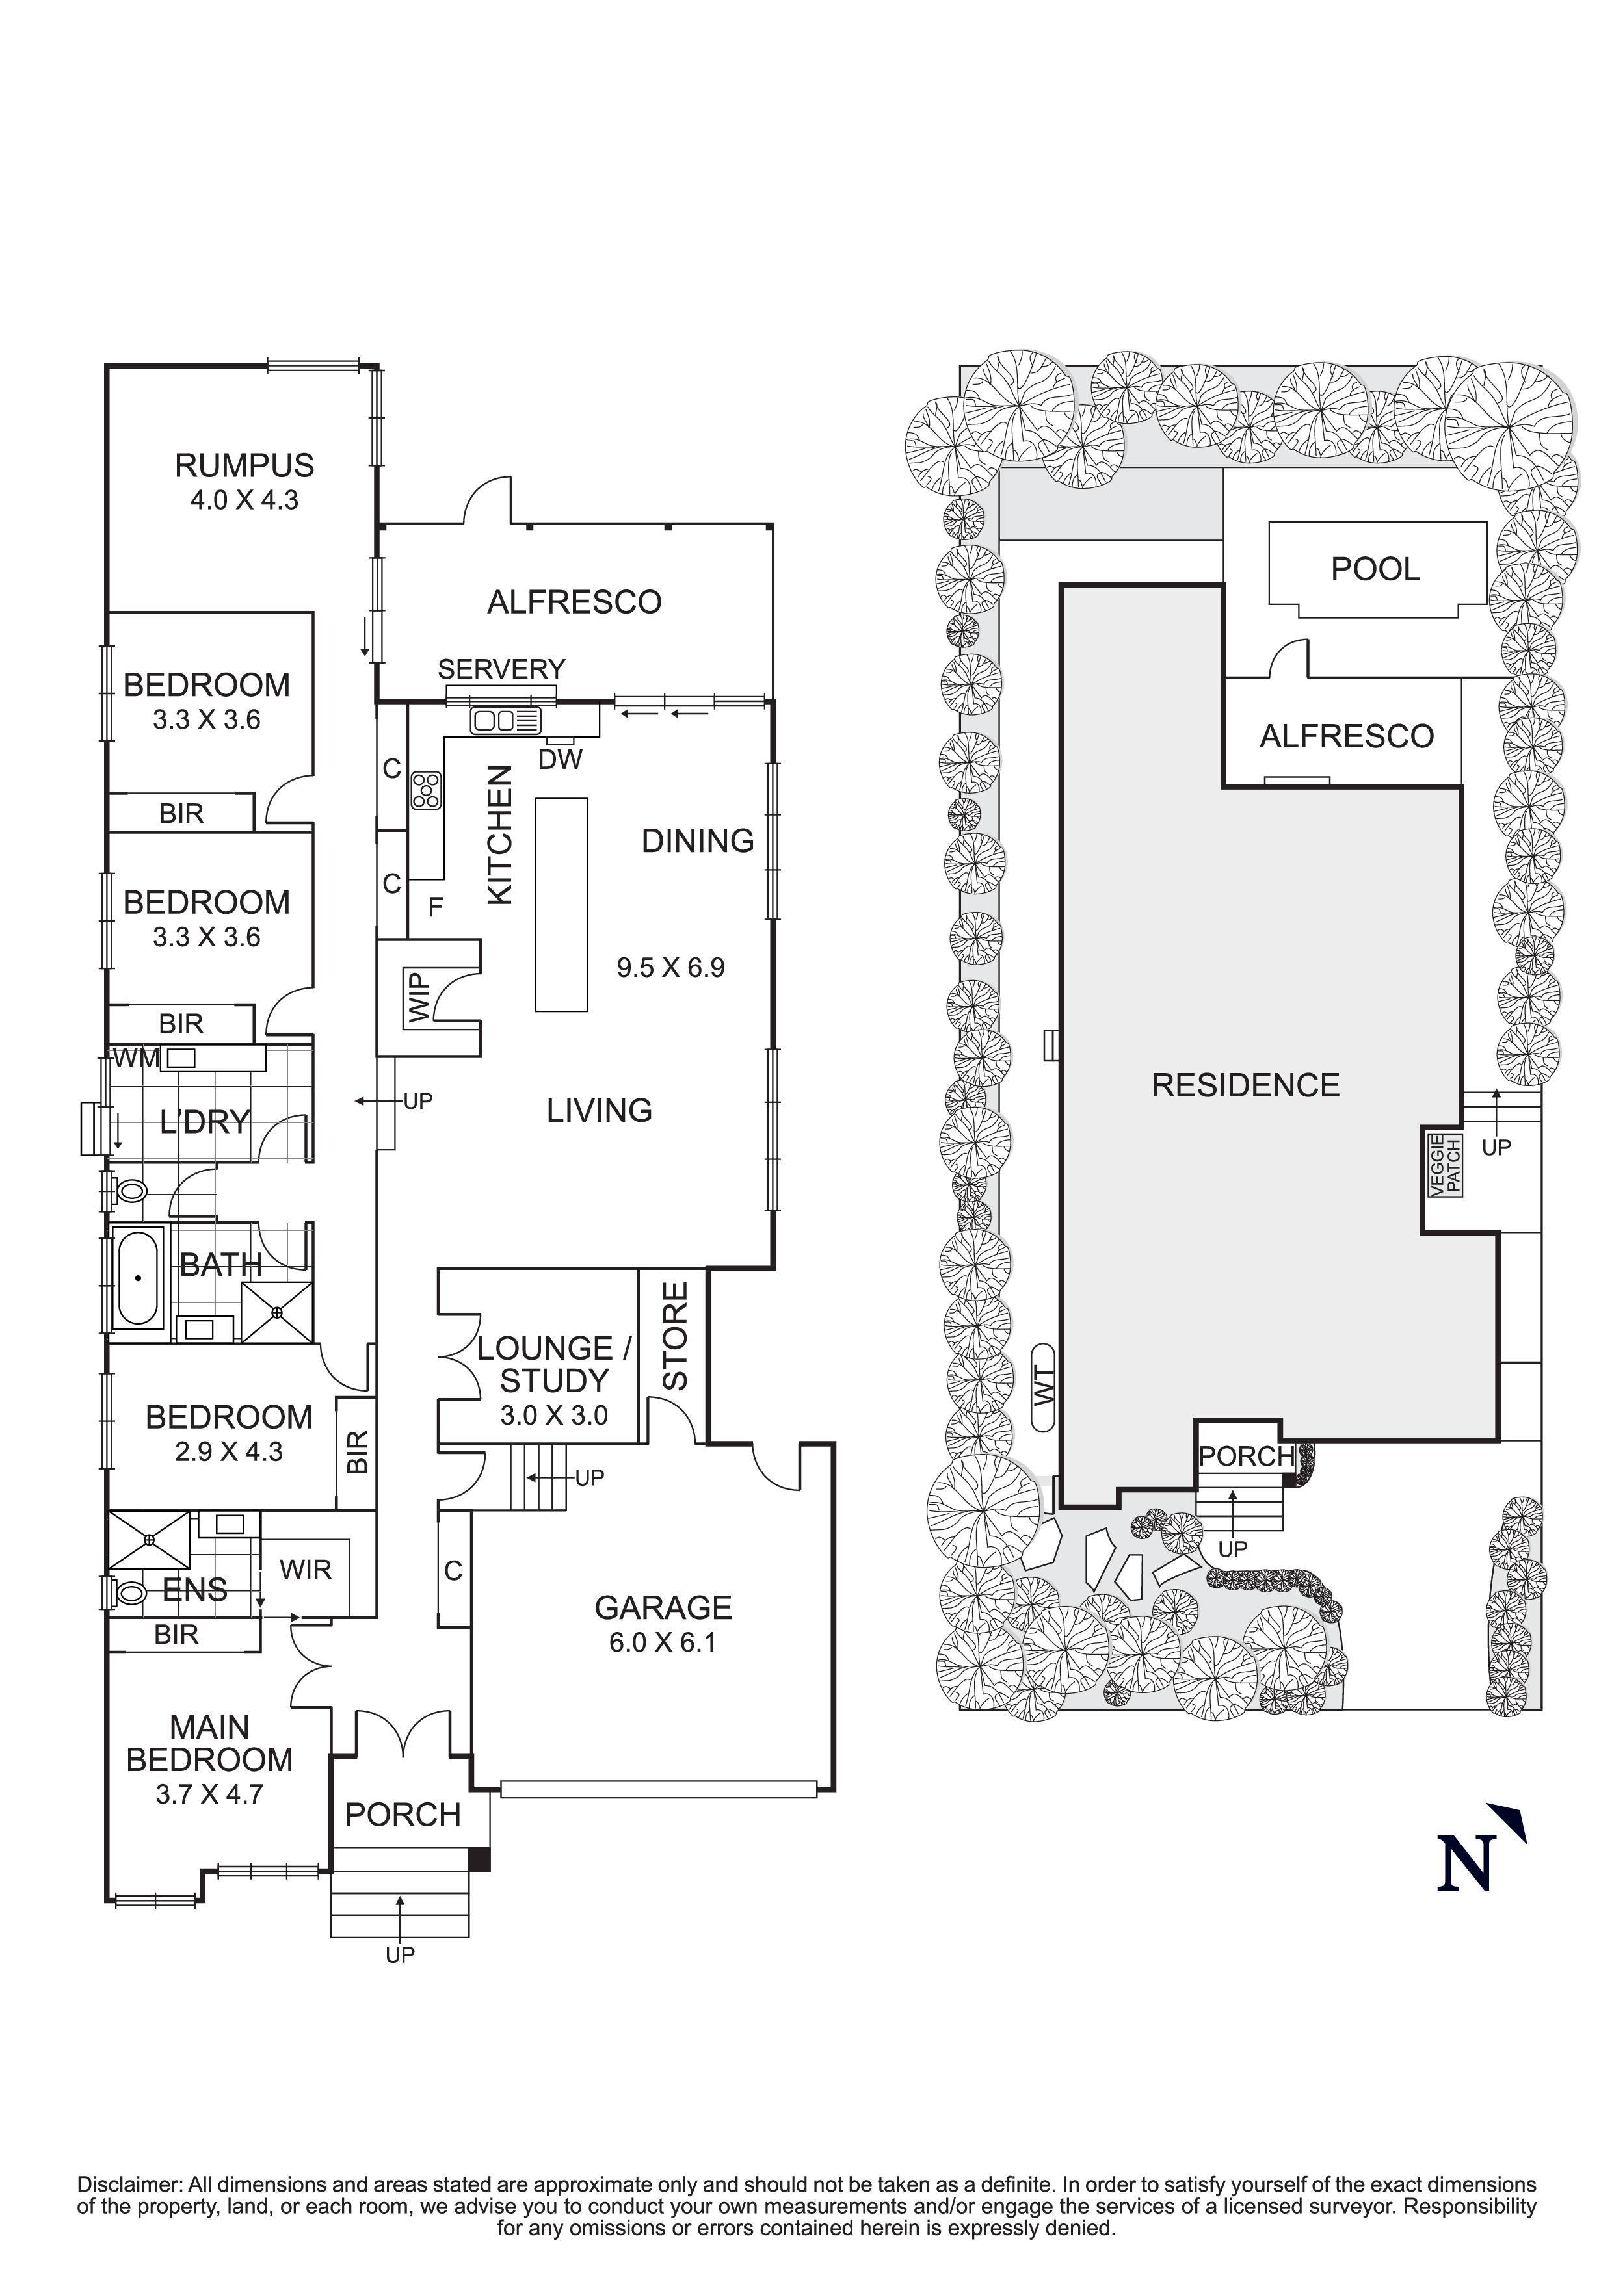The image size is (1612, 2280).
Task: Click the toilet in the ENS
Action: coord(129,1593)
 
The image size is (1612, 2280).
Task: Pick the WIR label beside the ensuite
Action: coord(305,1570)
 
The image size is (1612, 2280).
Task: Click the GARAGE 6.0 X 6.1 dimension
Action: coord(663,1642)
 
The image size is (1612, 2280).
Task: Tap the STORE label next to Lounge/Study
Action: coord(674,1336)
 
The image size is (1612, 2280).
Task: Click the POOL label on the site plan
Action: coord(1375,569)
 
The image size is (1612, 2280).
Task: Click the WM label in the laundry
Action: coord(136,1059)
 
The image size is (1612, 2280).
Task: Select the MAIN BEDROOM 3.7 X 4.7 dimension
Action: coord(209,1794)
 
